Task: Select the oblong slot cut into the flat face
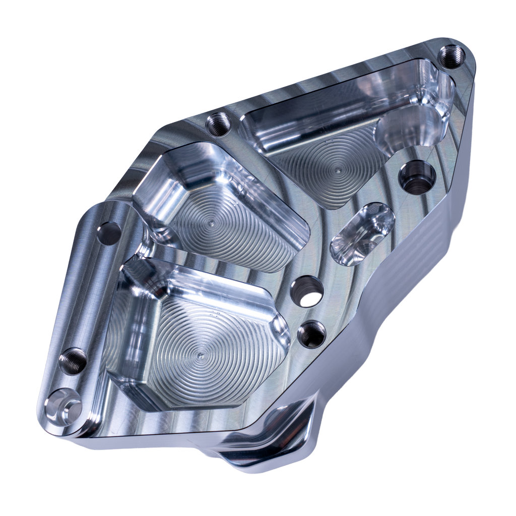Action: coord(362,233)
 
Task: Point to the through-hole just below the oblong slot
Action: coord(307,291)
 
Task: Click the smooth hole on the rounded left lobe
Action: coord(109,231)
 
